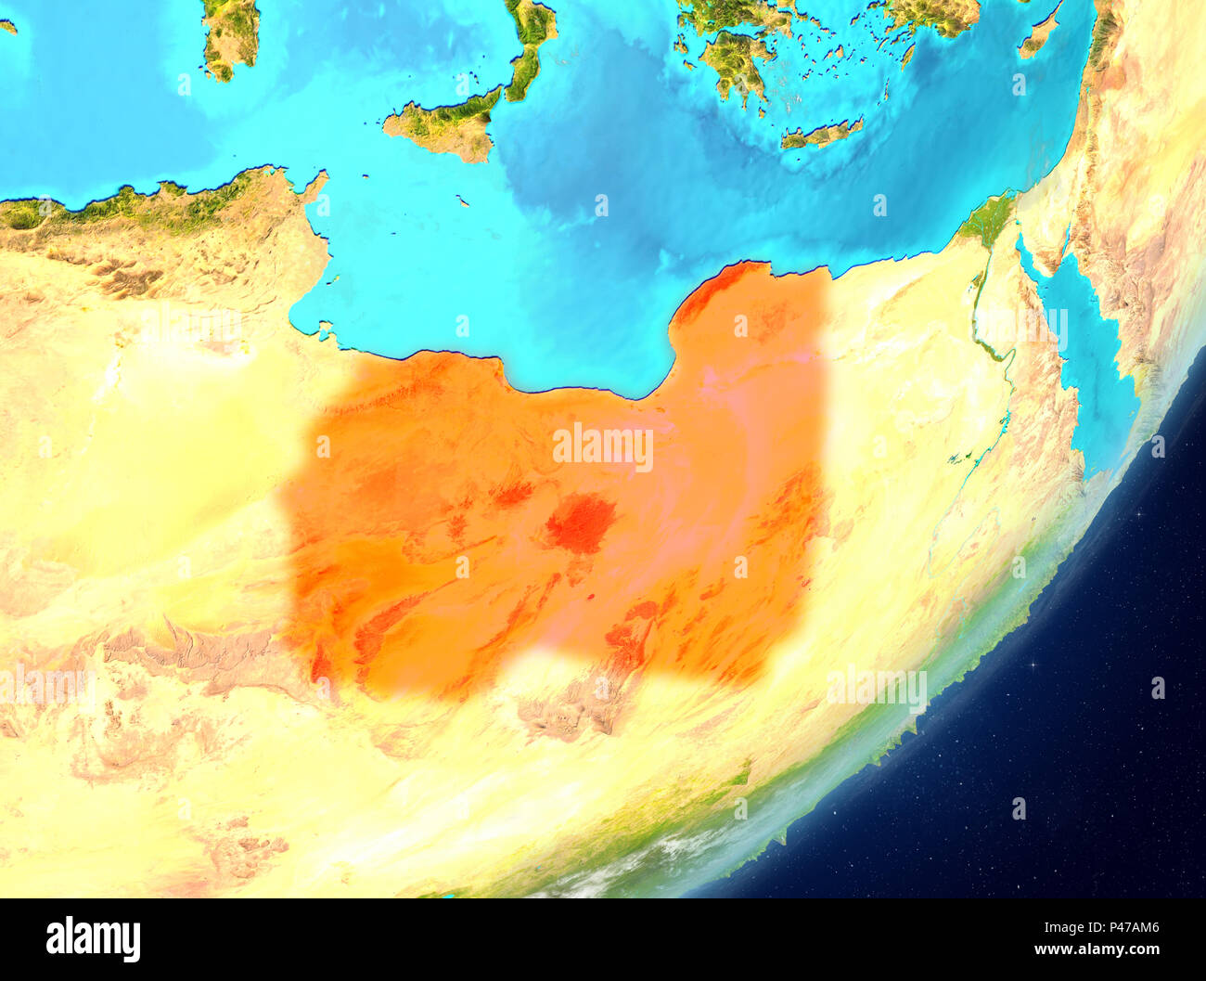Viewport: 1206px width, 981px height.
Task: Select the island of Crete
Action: pos(821,135)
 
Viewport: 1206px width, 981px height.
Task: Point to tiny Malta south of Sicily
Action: pos(461,199)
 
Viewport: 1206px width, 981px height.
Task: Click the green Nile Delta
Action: pos(988,218)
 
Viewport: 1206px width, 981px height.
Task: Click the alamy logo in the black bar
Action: pos(93,939)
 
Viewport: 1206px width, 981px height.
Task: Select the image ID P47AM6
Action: pos(1125,926)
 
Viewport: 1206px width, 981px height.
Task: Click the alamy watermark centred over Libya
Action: pos(603,447)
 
